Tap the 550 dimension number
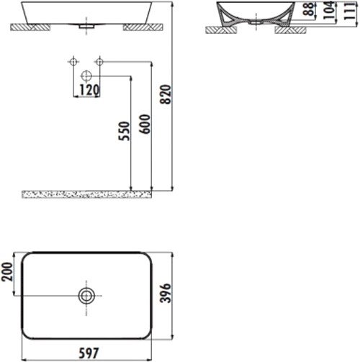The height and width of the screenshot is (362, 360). click(x=123, y=131)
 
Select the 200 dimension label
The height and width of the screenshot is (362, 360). click(x=8, y=274)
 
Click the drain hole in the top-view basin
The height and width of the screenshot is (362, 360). click(x=87, y=295)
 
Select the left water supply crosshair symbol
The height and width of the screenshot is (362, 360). click(x=73, y=63)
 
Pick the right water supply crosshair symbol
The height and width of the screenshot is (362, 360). click(x=101, y=63)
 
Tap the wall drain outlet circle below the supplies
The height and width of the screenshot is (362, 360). click(x=86, y=76)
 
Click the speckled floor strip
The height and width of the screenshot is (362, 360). click(x=87, y=194)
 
